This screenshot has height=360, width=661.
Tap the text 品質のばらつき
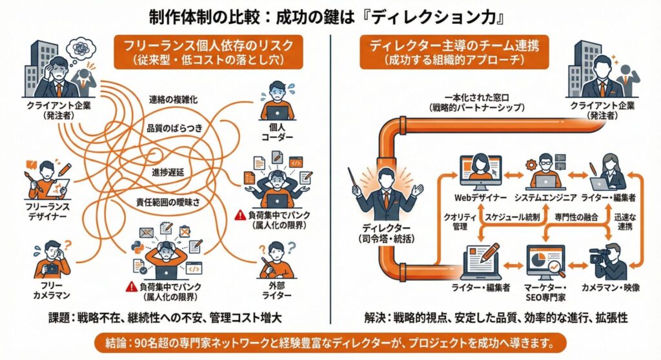tap(174, 128)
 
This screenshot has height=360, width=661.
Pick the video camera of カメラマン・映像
tap(596, 255)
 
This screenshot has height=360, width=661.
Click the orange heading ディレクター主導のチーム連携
tap(454, 46)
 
